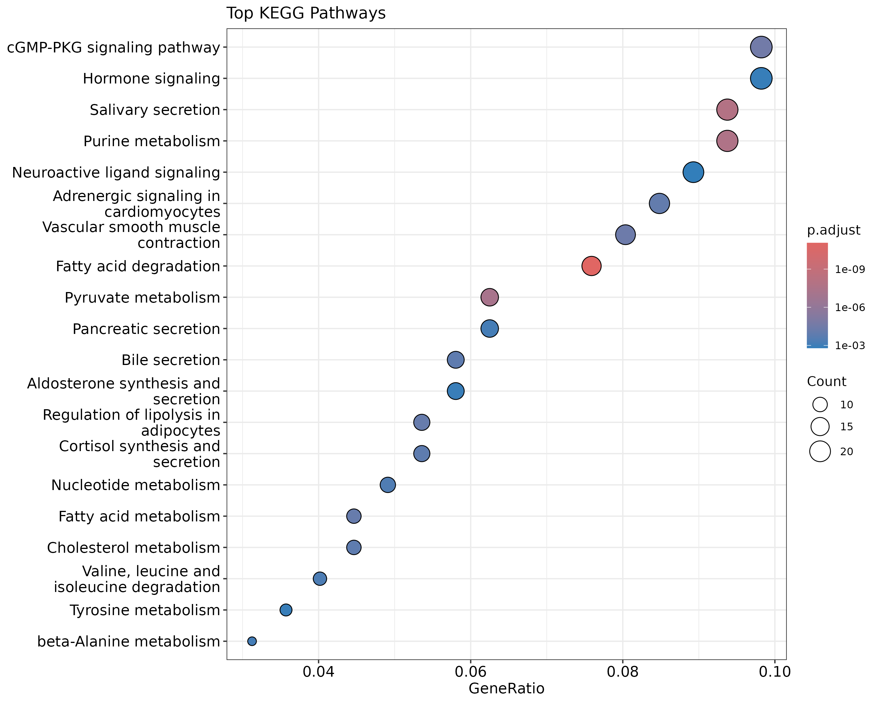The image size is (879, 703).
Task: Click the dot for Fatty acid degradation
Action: point(591,266)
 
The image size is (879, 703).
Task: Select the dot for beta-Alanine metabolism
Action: point(252,641)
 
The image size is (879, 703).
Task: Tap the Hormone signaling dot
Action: point(761,78)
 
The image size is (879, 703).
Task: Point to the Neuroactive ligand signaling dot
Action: point(693,172)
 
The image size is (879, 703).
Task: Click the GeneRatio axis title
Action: point(506,688)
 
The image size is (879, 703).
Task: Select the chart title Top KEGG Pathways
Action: point(306,13)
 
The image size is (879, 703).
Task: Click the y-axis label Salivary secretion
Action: point(155,110)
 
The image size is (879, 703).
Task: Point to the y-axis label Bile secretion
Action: point(171,360)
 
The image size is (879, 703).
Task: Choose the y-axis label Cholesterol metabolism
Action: point(133,548)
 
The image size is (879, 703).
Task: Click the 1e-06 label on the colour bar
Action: point(850,307)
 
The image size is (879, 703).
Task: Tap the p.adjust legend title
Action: point(833,230)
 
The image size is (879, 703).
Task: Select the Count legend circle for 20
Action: point(820,451)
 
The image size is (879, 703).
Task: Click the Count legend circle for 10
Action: point(820,405)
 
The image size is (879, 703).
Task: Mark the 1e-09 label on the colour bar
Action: point(850,269)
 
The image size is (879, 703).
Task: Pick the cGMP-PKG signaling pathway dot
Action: point(761,47)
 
